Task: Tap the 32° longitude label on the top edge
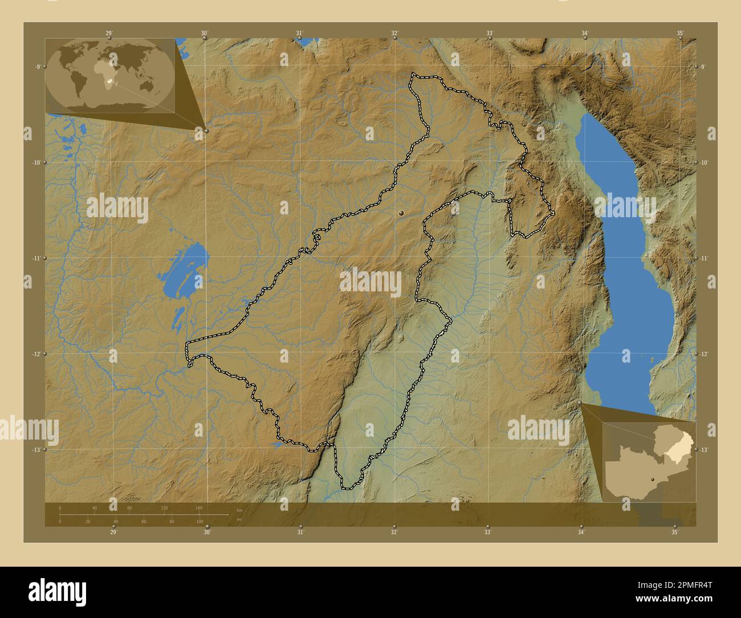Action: click(394, 33)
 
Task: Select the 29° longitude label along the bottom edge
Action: click(113, 532)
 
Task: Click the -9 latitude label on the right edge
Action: click(703, 67)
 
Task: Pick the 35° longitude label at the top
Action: click(680, 33)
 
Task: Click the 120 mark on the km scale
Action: click(164, 507)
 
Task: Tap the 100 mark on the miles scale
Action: click(199, 522)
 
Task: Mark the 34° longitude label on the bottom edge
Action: click(581, 532)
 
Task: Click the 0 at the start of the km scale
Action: click(60, 507)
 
